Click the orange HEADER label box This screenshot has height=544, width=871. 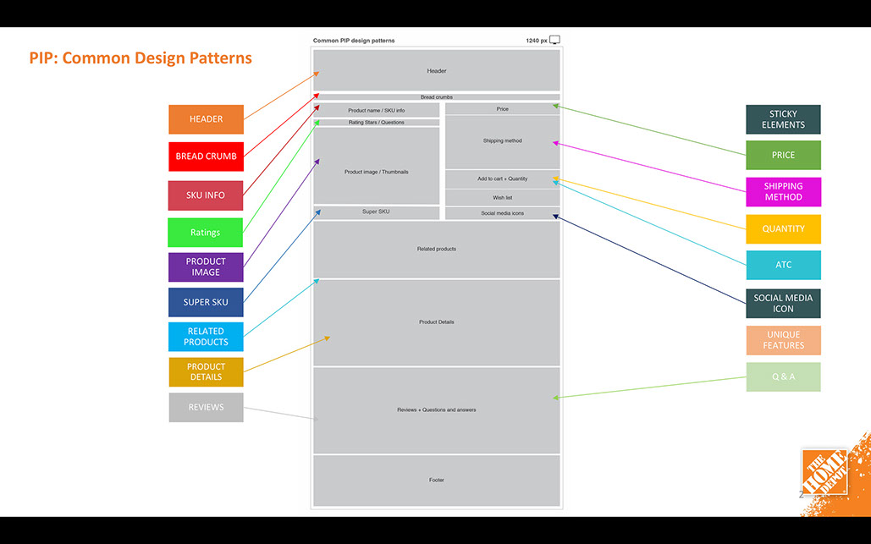(206, 119)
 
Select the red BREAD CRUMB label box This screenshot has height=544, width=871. (206, 157)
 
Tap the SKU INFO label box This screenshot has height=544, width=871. (206, 195)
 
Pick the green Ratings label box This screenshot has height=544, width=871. (206, 233)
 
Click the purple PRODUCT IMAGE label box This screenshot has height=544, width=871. (206, 267)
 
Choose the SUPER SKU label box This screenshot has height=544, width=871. (206, 302)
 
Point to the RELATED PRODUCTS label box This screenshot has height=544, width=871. (206, 337)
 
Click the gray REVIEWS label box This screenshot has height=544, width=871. (206, 407)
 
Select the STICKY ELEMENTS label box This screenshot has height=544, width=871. (783, 119)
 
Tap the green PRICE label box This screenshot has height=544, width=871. (783, 155)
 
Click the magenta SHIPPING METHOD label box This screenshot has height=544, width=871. (783, 191)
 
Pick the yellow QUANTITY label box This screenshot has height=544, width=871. (783, 228)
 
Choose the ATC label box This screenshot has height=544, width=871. (783, 265)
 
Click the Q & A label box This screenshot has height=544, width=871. (783, 376)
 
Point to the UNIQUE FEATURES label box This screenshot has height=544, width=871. (783, 340)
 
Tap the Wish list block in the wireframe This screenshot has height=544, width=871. (502, 197)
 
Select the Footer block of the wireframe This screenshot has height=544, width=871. (436, 481)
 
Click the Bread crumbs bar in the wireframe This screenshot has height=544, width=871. (436, 97)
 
